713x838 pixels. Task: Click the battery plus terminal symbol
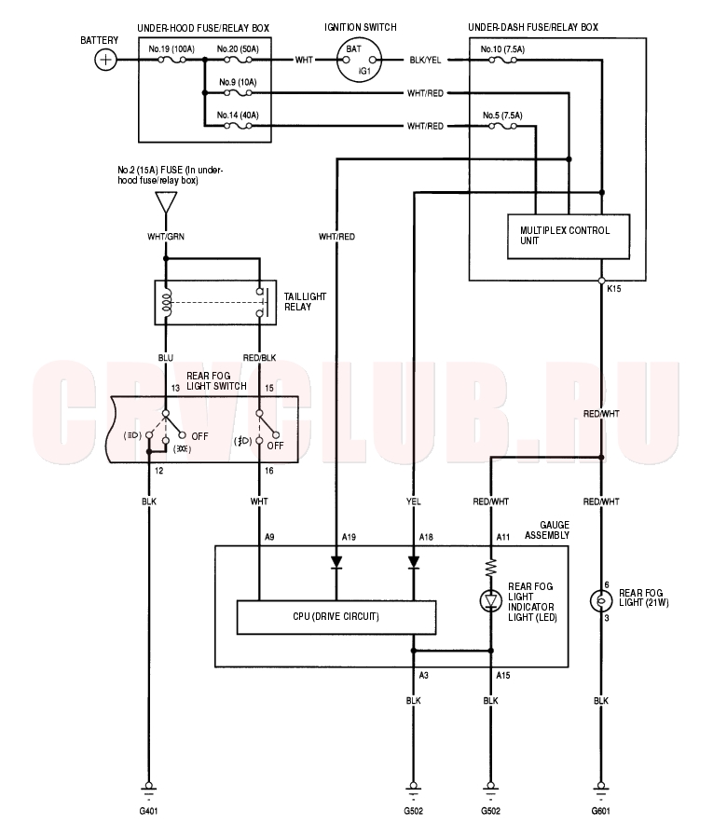coord(105,60)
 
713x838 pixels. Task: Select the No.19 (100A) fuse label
coord(171,49)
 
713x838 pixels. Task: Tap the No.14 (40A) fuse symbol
coord(238,126)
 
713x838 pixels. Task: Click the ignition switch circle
coord(361,60)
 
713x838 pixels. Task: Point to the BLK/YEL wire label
coord(425,60)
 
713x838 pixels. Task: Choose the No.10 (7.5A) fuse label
coord(502,49)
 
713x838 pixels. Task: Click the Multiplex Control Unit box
coord(569,236)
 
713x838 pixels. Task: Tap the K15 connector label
coord(614,289)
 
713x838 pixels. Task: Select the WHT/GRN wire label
coord(166,236)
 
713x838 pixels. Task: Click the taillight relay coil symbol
coord(167,303)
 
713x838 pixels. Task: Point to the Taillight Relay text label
coord(305,301)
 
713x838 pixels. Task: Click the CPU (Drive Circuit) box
coord(336,617)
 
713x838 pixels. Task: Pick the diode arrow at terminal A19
coord(336,562)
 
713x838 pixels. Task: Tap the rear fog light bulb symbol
coord(601,600)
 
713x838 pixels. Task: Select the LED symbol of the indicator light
coord(490,601)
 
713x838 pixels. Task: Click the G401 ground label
coord(148,811)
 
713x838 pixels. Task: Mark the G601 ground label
coord(601,811)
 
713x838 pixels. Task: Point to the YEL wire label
coord(413,501)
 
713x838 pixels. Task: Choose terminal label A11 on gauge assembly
coord(503,537)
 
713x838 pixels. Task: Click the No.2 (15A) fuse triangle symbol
coord(166,202)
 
